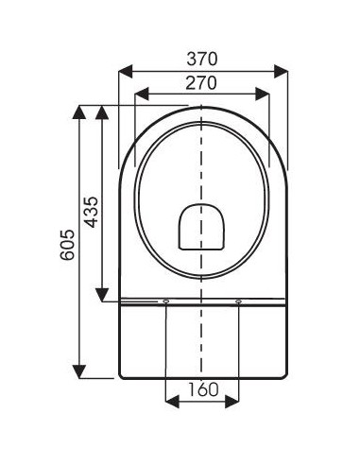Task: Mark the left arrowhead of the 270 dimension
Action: pyautogui.click(x=143, y=94)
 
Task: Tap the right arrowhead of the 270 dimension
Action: pyautogui.click(x=264, y=94)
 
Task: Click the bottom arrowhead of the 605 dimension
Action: pyautogui.click(x=79, y=370)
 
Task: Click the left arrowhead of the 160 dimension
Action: pyautogui.click(x=172, y=401)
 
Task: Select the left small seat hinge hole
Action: pyautogui.click(x=166, y=301)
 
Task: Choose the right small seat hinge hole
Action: pyautogui.click(x=238, y=301)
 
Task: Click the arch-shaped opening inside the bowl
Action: pyautogui.click(x=201, y=227)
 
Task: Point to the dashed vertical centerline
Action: pyautogui.click(x=202, y=170)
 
